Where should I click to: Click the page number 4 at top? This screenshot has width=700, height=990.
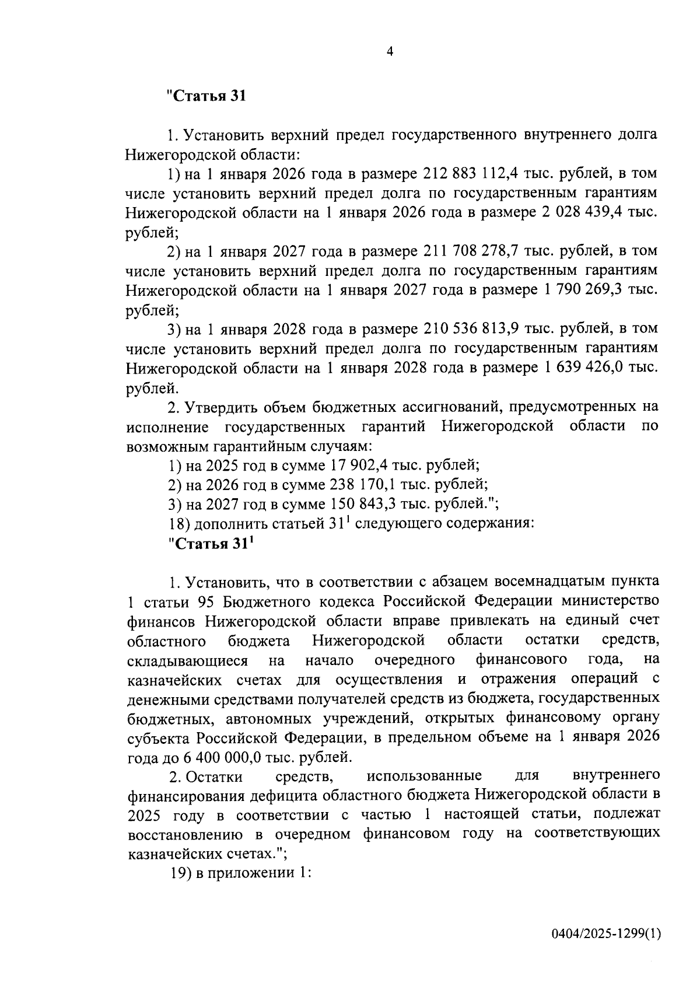point(390,52)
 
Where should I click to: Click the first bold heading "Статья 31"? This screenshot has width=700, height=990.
point(206,96)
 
